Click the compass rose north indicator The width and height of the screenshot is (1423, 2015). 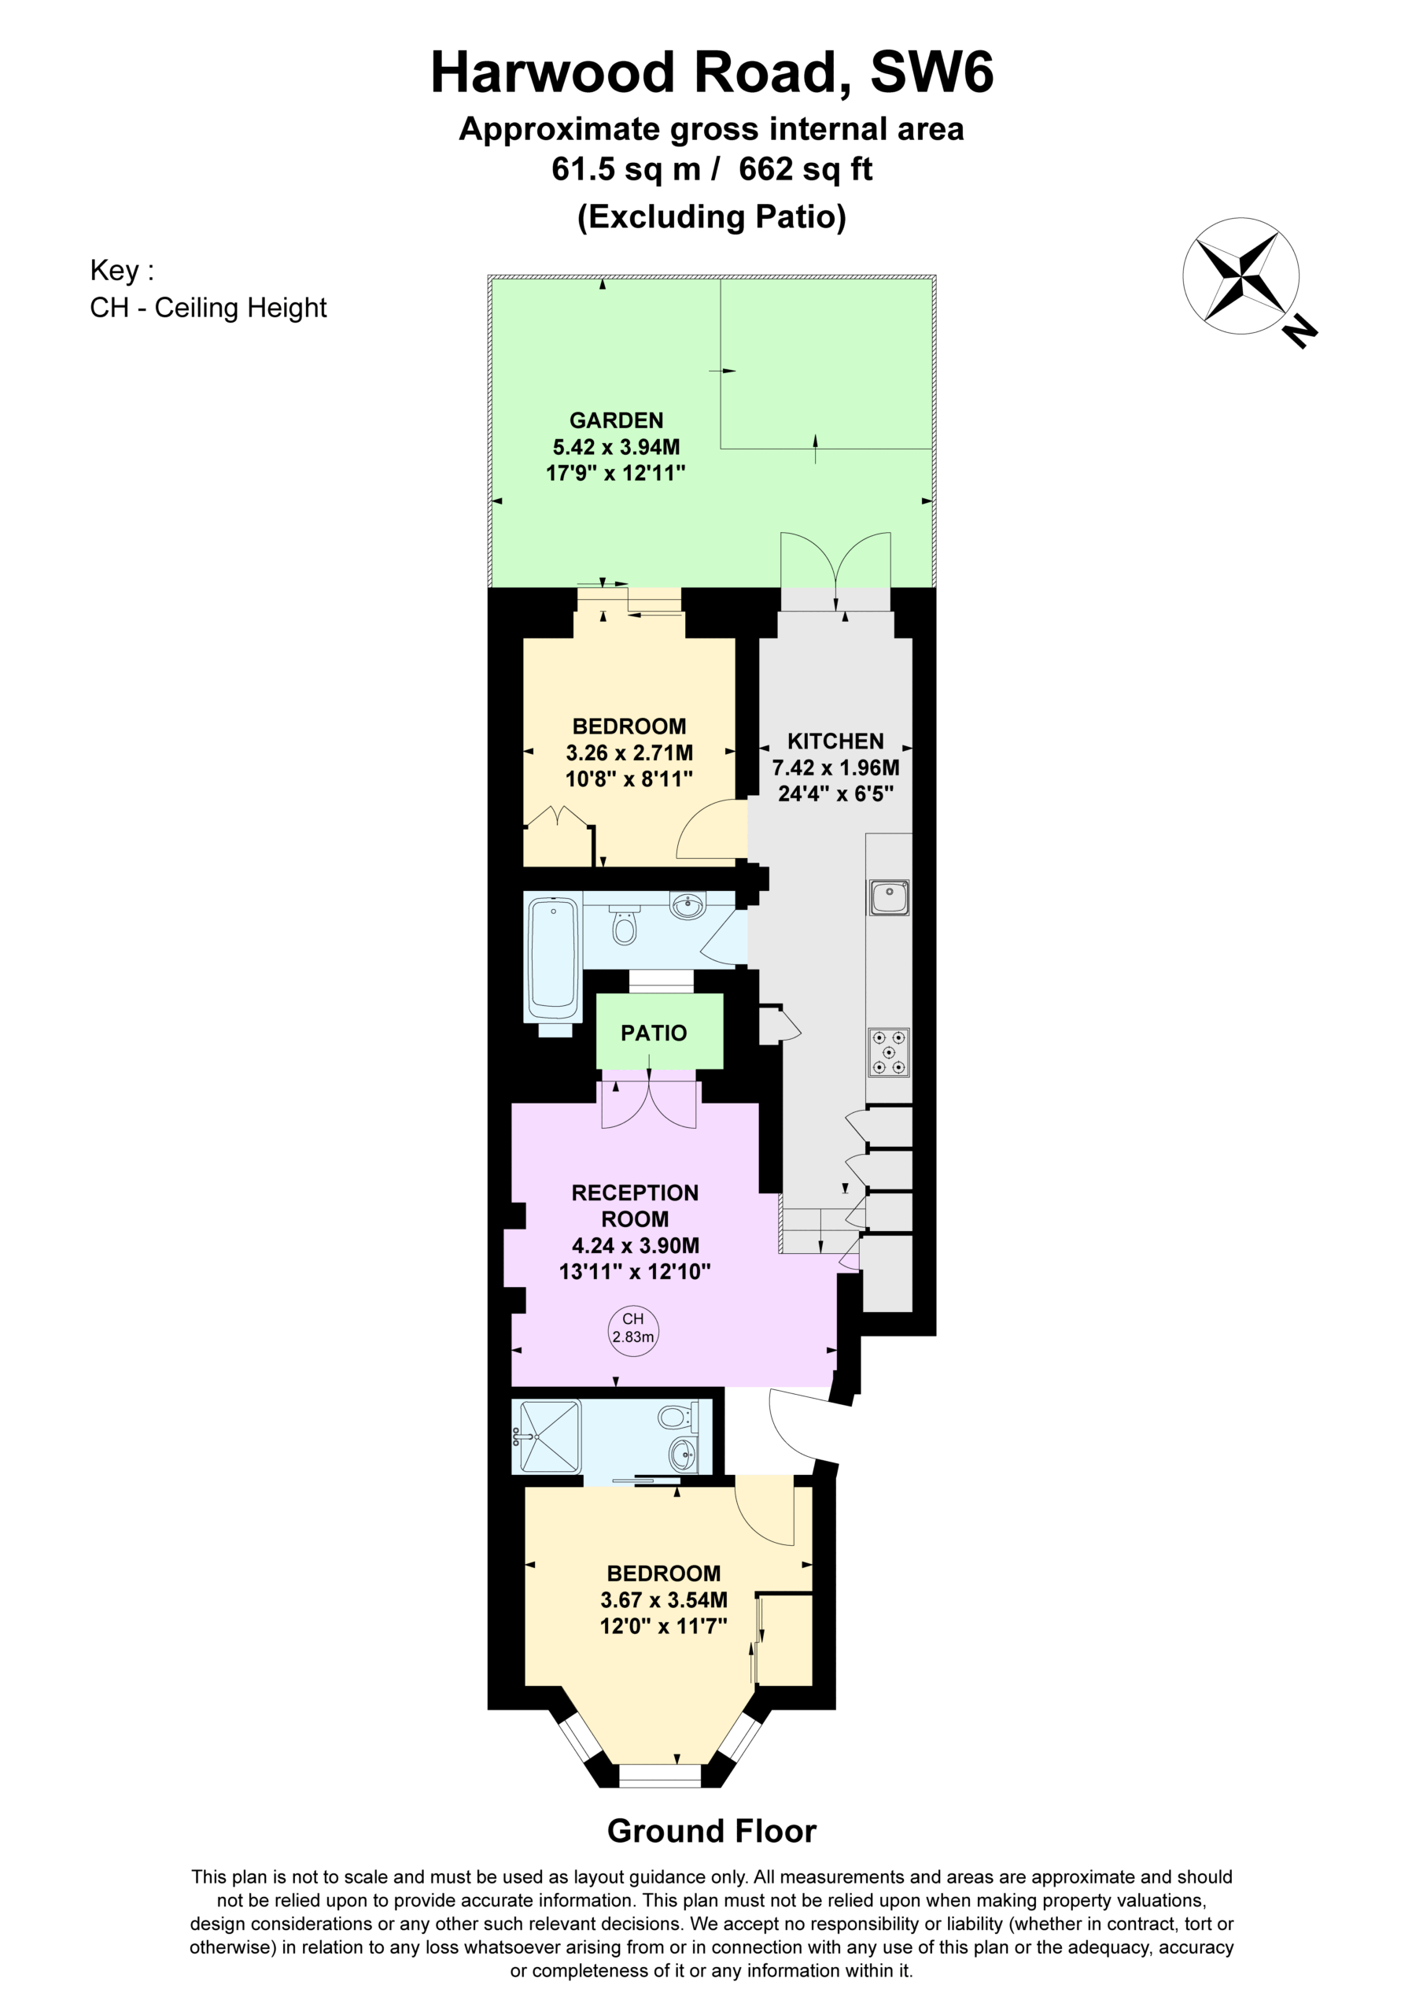(1300, 331)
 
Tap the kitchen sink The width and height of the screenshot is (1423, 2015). (889, 898)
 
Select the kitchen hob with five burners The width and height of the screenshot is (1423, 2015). (889, 1052)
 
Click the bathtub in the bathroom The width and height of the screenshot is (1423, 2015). (553, 959)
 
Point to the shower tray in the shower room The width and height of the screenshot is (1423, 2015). (550, 1436)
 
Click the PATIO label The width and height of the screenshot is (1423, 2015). (654, 1033)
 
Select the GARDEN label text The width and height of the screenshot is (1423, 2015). (616, 420)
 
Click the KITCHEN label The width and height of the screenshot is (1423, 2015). (835, 741)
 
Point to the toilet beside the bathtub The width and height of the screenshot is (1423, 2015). (624, 924)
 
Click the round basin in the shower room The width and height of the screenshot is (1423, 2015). (684, 1456)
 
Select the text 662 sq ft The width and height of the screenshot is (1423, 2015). (806, 168)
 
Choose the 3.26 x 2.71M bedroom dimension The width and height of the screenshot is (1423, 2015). (629, 752)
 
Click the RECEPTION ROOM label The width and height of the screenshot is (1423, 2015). (634, 1206)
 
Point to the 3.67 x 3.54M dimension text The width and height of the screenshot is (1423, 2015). (663, 1600)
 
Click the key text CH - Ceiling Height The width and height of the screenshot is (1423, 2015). (208, 308)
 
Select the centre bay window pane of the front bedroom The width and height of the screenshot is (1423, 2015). (660, 1776)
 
